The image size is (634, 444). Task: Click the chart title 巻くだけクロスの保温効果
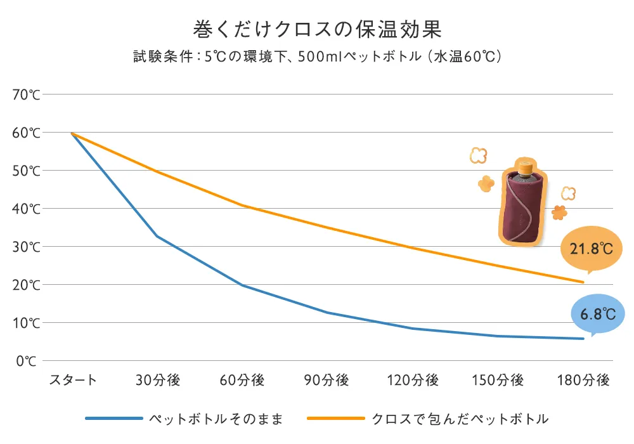point(317,29)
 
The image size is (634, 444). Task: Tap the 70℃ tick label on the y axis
point(26,95)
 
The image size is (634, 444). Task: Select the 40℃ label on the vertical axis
point(26,209)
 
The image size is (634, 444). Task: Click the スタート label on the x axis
point(73,381)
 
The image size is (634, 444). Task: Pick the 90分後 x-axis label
point(327,381)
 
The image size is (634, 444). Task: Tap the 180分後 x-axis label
point(583,381)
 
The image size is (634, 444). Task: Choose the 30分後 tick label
point(158,381)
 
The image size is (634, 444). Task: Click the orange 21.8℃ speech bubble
point(591,248)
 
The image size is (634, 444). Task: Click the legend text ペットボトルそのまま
point(216,419)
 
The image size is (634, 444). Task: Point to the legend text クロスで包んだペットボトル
point(460,419)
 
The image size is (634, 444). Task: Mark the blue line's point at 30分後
point(157,236)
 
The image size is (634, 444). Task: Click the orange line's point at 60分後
point(242,206)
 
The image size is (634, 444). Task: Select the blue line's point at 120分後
point(412,329)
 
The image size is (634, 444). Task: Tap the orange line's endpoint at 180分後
point(583,282)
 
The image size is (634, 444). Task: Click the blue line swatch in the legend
point(113,419)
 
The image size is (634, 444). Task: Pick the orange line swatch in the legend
point(335,419)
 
